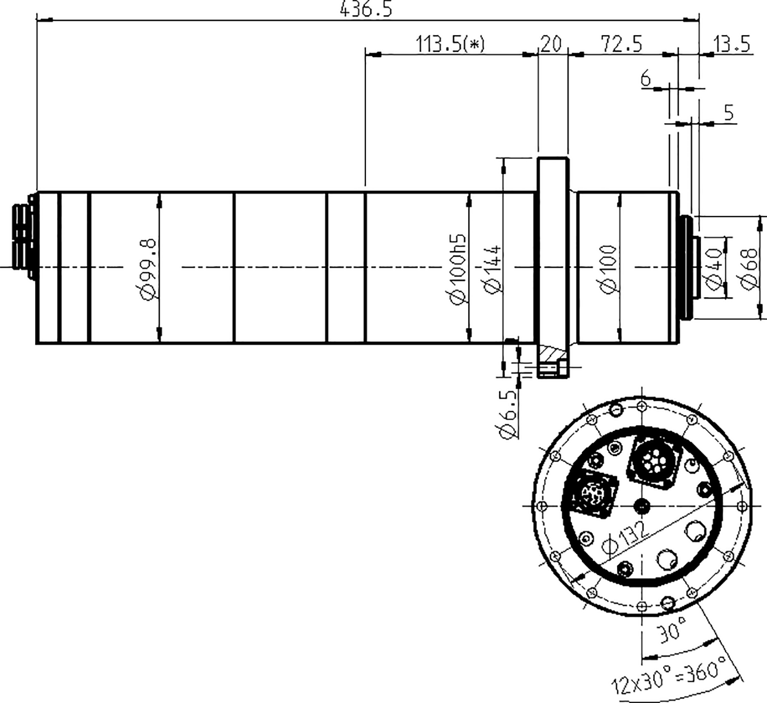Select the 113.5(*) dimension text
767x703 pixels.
coord(450,44)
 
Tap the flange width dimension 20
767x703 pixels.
coord(551,44)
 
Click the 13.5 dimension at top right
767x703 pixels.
coord(733,44)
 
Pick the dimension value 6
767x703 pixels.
coord(646,80)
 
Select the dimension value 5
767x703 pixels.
coord(729,114)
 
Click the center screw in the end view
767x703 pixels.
coord(642,506)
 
